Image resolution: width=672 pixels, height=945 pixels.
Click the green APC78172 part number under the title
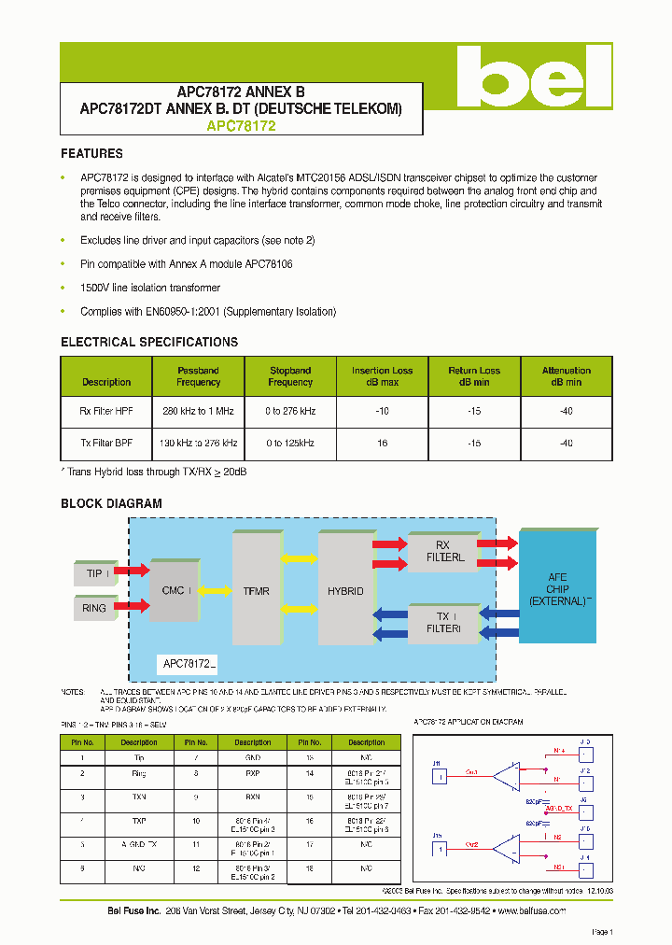241,126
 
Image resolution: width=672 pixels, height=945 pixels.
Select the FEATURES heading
91,153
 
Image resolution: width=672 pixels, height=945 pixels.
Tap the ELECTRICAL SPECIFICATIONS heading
149,342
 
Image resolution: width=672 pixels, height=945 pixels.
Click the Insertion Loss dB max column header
382,376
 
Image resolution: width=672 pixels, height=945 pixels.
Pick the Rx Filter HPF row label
105,411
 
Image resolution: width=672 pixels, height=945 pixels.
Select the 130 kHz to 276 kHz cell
198,443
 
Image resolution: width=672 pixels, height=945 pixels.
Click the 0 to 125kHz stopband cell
289,443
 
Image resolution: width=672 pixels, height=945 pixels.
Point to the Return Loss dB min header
474,376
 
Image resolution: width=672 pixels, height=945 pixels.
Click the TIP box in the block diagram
94,572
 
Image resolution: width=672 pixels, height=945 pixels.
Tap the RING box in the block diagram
94,608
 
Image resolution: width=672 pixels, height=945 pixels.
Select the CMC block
174,590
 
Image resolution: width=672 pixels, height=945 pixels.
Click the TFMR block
257,590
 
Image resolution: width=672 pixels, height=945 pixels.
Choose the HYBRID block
344,590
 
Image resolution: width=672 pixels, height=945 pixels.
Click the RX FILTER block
443,552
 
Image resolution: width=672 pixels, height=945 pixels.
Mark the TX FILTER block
443,623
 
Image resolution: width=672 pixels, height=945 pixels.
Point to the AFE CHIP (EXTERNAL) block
557,588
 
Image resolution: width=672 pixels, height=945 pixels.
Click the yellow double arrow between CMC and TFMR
216,590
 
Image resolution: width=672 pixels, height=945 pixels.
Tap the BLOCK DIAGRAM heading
111,503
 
